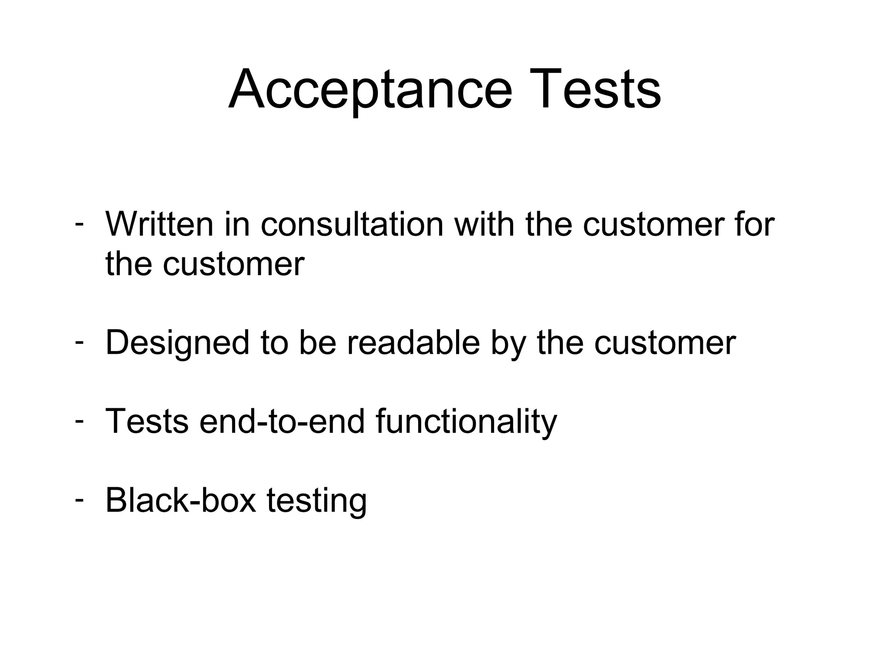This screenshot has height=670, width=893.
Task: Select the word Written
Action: pos(159,224)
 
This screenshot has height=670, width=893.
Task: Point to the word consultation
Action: pos(352,224)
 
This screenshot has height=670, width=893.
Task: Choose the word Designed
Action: pos(177,343)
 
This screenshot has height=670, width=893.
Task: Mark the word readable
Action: pos(413,343)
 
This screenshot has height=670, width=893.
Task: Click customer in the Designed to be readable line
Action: pos(665,343)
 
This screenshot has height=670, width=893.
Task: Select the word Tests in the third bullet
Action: pos(147,421)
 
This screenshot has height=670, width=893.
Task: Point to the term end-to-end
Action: pos(282,421)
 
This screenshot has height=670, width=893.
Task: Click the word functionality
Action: pos(466,421)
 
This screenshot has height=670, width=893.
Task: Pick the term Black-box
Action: pos(181,500)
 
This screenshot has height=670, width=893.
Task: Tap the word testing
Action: pos(317,501)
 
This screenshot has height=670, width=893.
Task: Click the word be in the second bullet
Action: pos(317,343)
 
